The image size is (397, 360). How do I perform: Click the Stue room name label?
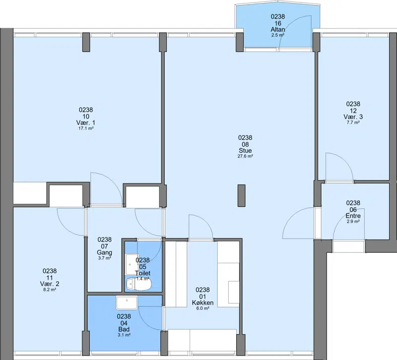click(245, 151)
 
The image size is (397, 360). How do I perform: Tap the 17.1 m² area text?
click(86, 128)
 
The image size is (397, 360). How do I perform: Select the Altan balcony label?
click(278, 30)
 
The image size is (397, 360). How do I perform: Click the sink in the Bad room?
click(127, 302)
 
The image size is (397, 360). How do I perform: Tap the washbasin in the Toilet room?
click(132, 264)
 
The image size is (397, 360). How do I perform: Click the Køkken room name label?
click(202, 302)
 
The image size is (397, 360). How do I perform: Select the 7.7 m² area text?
click(353, 122)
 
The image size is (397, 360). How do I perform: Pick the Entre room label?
click(353, 216)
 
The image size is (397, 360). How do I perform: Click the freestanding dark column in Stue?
click(241, 195)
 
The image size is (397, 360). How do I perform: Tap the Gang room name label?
click(104, 252)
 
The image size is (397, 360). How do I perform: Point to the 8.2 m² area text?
click(50, 290)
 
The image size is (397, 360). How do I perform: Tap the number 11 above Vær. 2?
click(50, 278)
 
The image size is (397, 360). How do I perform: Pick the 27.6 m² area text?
click(245, 156)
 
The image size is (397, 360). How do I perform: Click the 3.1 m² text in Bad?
click(124, 335)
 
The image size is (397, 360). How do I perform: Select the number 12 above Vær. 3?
click(353, 111)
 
